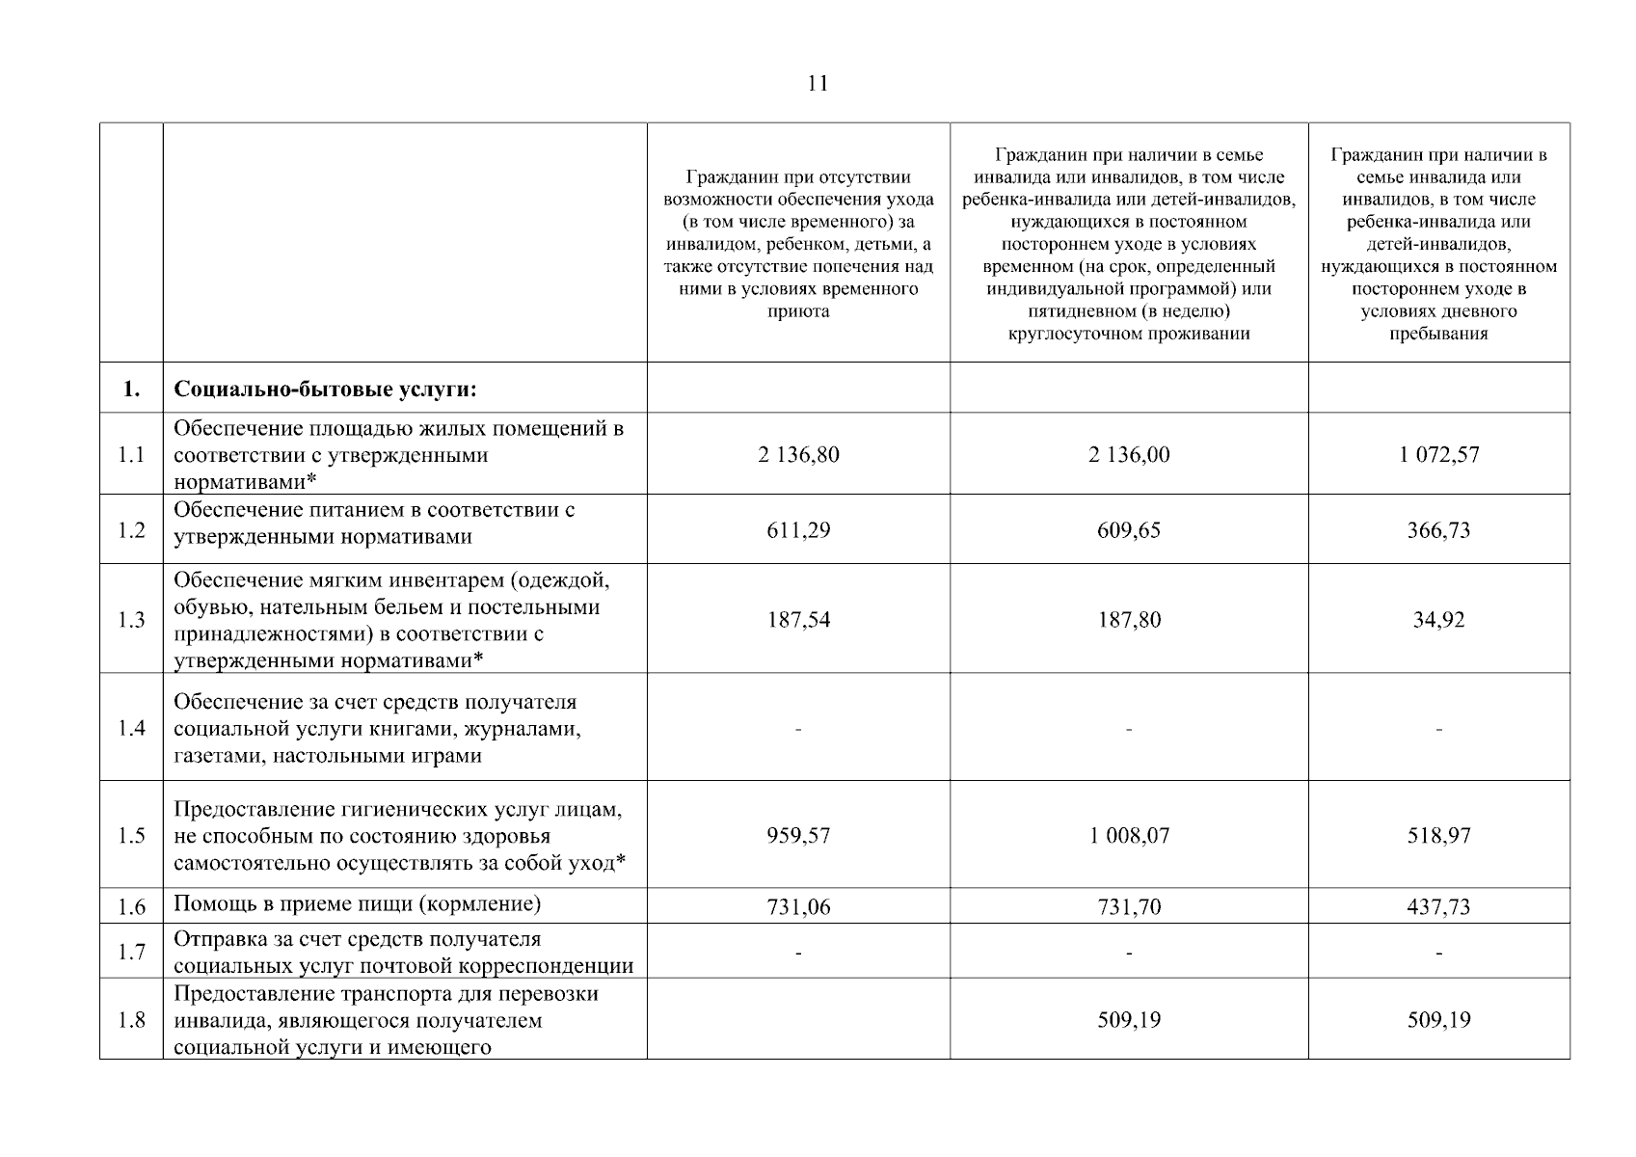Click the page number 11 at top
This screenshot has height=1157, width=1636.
click(x=818, y=84)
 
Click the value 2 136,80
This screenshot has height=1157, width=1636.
click(x=798, y=454)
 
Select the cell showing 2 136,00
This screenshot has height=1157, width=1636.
click(x=1129, y=454)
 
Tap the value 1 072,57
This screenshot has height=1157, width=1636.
click(x=1438, y=454)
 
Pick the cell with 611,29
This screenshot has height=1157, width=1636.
click(x=798, y=530)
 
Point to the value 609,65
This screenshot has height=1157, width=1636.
click(x=1129, y=530)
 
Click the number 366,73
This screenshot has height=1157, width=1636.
click(x=1438, y=530)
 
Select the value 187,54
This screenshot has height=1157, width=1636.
click(x=798, y=619)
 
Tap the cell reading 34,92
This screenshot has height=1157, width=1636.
click(x=1438, y=619)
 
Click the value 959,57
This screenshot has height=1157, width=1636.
click(x=798, y=835)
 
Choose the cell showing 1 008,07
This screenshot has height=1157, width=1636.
click(x=1129, y=835)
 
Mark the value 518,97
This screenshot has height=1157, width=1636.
click(x=1438, y=835)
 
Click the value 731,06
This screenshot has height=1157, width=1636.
click(x=798, y=906)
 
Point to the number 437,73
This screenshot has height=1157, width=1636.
click(x=1438, y=906)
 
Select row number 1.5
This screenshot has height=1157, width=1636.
click(x=131, y=835)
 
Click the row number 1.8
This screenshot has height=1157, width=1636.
click(x=131, y=1020)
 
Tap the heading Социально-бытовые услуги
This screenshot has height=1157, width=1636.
click(x=325, y=390)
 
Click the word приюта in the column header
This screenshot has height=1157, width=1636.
click(x=797, y=311)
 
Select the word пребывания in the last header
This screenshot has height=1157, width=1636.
click(x=1438, y=334)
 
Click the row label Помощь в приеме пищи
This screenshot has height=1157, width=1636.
click(x=357, y=904)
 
